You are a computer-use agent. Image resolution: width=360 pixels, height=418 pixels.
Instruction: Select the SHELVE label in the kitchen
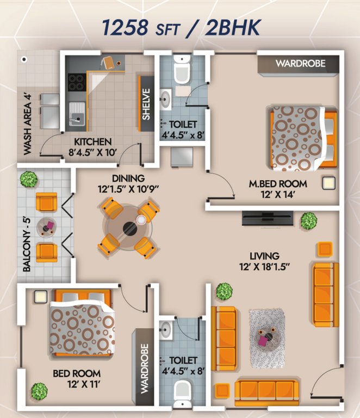(x=146, y=105)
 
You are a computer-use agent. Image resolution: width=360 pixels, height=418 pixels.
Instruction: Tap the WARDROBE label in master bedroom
(x=300, y=63)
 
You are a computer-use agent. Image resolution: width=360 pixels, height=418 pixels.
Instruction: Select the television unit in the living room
(x=267, y=219)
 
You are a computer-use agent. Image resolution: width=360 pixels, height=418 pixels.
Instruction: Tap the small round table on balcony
(x=46, y=226)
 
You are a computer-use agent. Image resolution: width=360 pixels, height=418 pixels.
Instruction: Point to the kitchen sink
(x=76, y=114)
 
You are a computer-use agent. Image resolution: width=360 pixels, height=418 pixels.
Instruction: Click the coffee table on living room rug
(x=266, y=332)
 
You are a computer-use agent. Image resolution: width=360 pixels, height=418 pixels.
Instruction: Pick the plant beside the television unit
(x=308, y=220)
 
